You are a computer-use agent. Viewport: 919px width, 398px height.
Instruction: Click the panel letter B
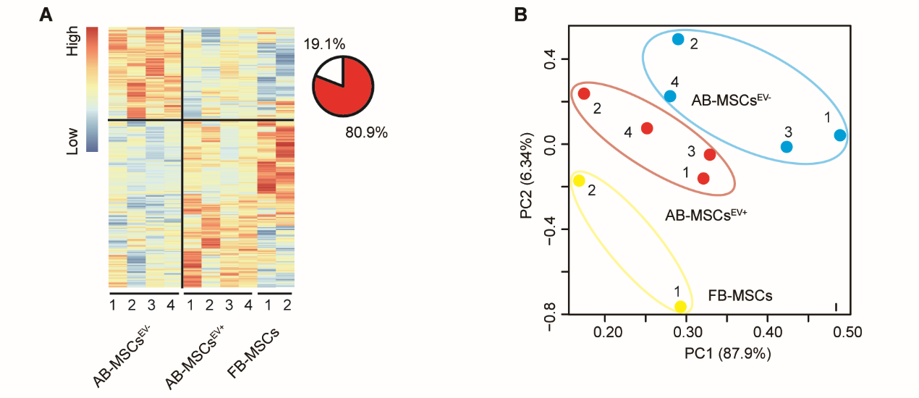tap(520, 14)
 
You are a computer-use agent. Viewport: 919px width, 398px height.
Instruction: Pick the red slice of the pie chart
tap(347, 90)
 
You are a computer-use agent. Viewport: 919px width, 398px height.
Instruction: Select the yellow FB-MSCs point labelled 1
tap(680, 307)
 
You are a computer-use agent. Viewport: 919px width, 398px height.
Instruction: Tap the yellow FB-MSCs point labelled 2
tap(579, 180)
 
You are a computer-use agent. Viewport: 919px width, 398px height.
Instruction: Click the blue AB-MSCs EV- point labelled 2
tap(678, 39)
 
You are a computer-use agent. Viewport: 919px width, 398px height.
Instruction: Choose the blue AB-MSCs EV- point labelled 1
tap(839, 135)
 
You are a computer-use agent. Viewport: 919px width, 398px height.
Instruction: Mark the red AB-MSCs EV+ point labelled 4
tap(647, 128)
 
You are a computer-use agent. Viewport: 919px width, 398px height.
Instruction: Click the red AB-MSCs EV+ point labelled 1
tap(703, 178)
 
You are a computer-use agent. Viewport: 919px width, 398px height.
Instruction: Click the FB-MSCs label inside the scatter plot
tap(740, 296)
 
